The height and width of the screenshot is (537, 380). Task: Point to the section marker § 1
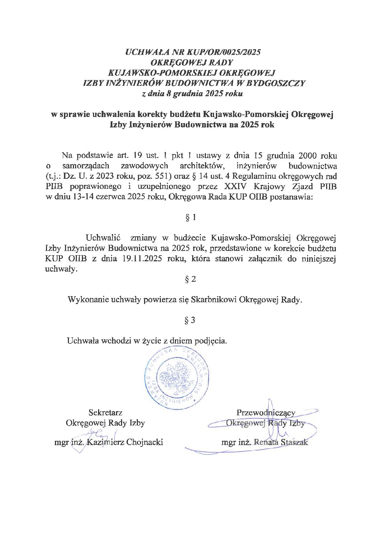[x=190, y=218]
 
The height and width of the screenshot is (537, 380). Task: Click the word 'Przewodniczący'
[x=266, y=412]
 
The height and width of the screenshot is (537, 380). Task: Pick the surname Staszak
[x=295, y=442]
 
